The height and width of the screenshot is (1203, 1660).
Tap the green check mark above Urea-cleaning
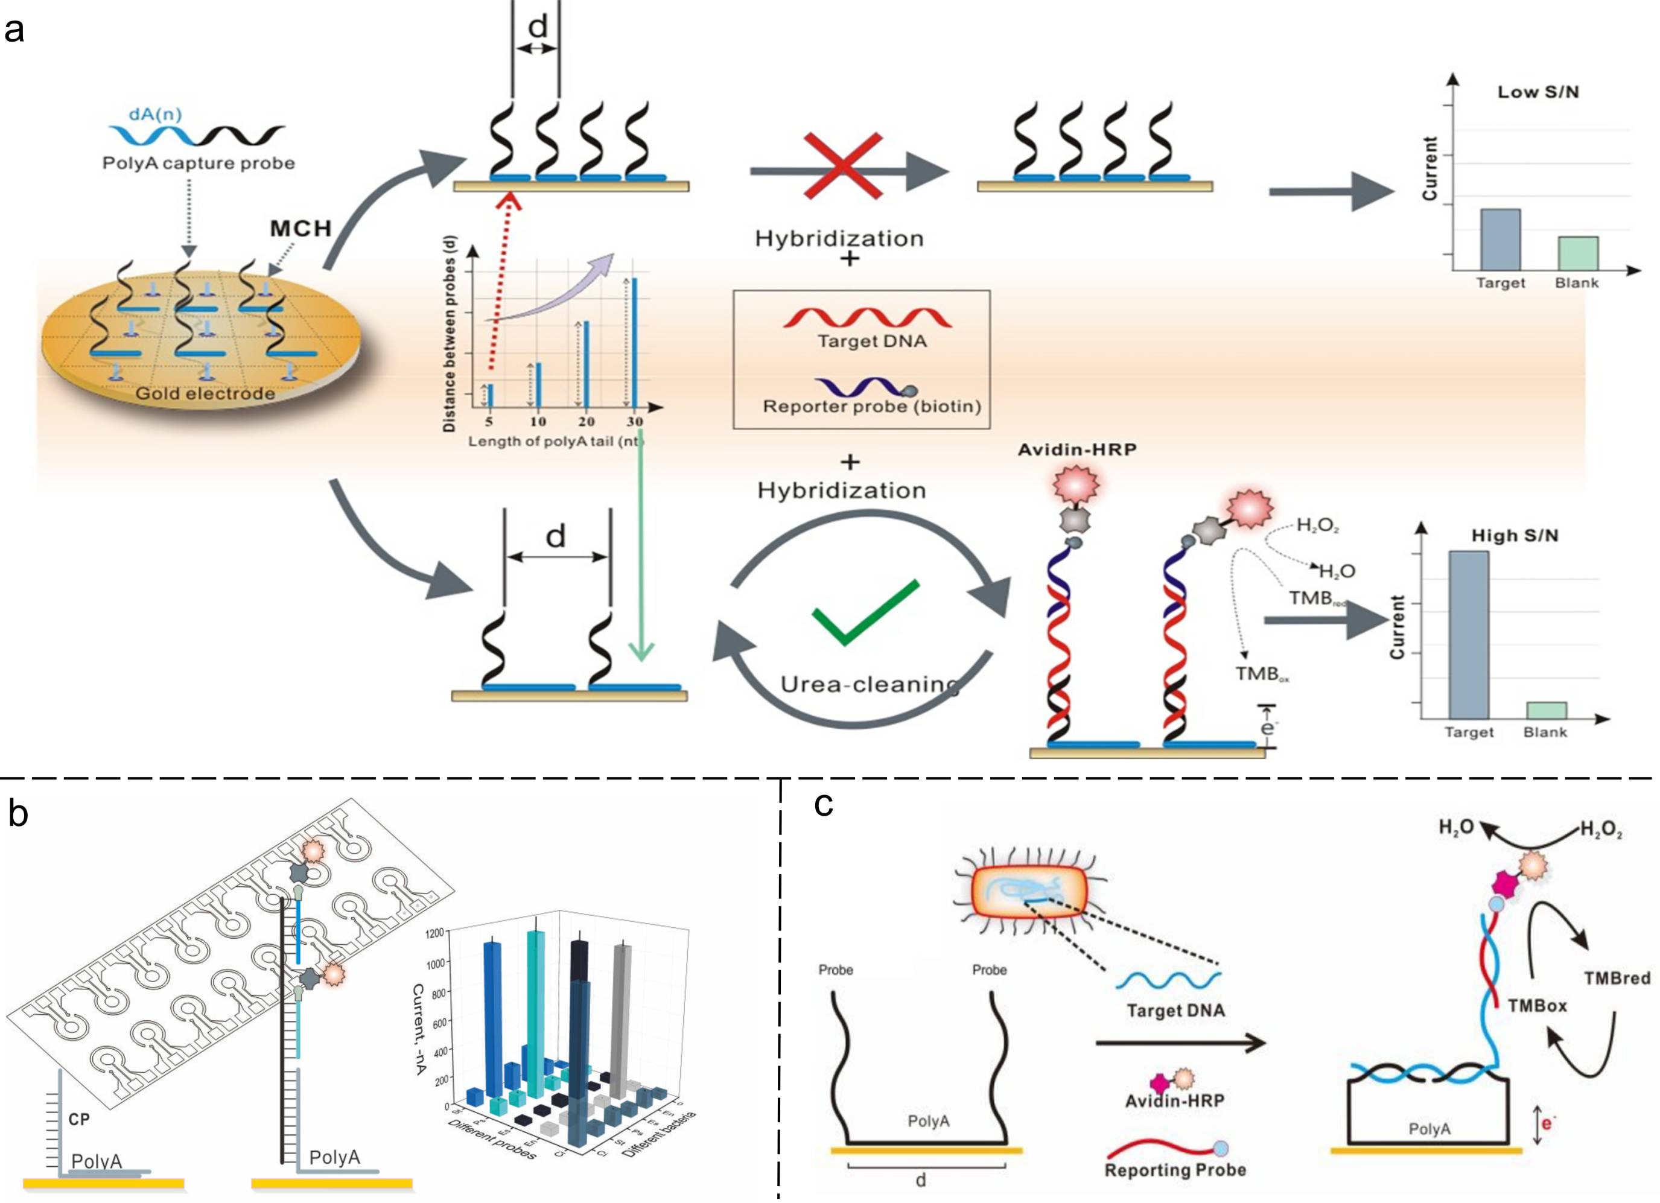point(865,612)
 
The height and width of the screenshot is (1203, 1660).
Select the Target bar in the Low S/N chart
point(1501,240)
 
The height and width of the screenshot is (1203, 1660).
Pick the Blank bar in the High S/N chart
point(1546,710)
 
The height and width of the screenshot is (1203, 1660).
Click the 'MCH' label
point(301,229)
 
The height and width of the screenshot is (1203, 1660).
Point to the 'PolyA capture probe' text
point(199,163)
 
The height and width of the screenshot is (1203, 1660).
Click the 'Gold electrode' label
point(205,394)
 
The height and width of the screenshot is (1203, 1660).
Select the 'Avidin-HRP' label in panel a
point(1077,450)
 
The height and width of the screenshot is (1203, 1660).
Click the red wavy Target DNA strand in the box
point(867,319)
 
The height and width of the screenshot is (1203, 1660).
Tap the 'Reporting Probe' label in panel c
point(1175,1170)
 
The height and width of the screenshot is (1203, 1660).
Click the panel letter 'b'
point(17,814)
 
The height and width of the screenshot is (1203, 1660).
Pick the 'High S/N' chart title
point(1515,536)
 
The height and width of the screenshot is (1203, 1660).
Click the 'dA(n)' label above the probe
point(154,114)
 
